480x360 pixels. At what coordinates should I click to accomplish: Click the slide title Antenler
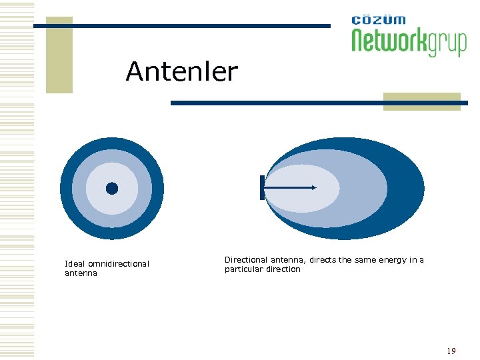coord(181,71)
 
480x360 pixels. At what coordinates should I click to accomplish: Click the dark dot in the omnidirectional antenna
coord(112,189)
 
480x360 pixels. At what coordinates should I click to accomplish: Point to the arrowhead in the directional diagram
coord(313,188)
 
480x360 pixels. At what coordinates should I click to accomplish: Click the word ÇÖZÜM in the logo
coord(378,21)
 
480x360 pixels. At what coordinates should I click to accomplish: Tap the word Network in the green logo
coord(389,42)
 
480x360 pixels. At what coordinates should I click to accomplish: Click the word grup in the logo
coord(447,44)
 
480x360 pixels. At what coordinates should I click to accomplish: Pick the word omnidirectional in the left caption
coord(119,264)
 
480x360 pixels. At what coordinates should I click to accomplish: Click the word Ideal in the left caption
coord(75,264)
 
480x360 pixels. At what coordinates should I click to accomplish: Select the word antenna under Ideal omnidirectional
coord(81,273)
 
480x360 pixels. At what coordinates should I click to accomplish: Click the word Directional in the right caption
coord(247,260)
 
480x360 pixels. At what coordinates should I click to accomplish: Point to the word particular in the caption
coord(244,269)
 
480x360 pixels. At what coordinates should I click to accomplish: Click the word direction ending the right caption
coord(283,269)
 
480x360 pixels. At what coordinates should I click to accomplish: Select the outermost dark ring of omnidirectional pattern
coord(67,189)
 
